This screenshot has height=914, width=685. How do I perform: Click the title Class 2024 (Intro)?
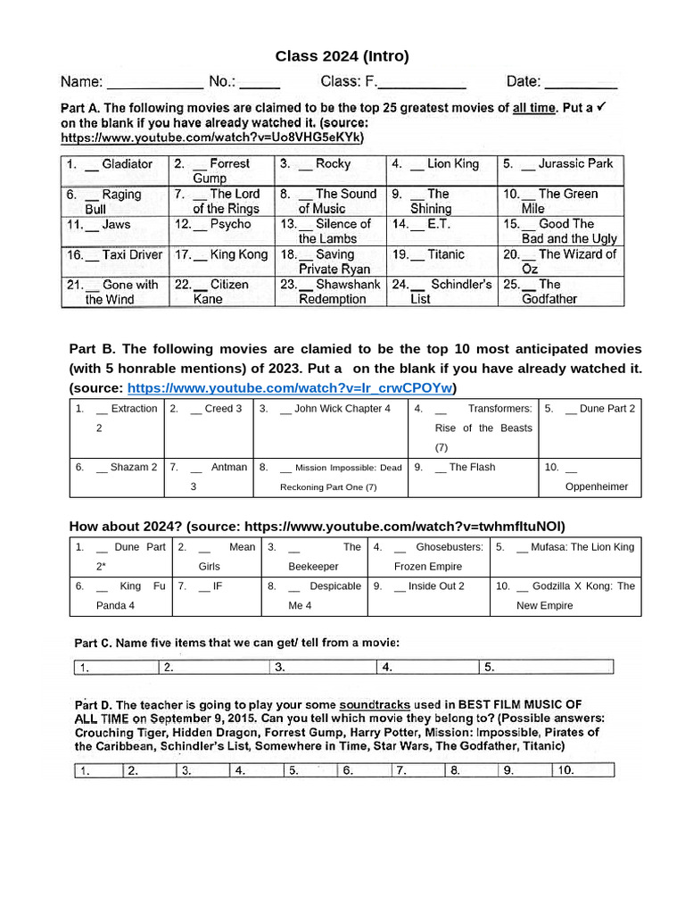(342, 56)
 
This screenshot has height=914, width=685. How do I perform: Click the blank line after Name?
(154, 84)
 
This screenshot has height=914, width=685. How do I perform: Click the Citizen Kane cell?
(222, 292)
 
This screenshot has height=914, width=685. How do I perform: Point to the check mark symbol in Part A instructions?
(601, 106)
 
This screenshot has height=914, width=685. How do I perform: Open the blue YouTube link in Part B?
(291, 387)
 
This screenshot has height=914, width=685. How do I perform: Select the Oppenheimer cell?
(590, 478)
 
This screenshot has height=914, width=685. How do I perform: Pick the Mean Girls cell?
(217, 557)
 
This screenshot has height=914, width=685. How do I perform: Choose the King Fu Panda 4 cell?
(120, 596)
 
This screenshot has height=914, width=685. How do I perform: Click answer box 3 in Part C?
(322, 667)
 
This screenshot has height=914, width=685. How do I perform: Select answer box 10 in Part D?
(582, 770)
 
